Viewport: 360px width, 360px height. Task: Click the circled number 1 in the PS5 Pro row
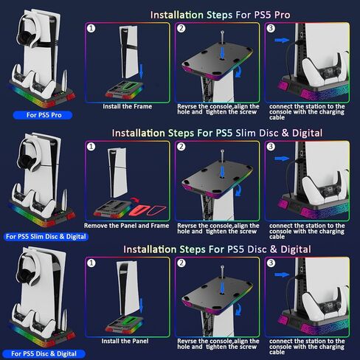(91, 28)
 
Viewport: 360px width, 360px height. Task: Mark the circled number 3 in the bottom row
(271, 263)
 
